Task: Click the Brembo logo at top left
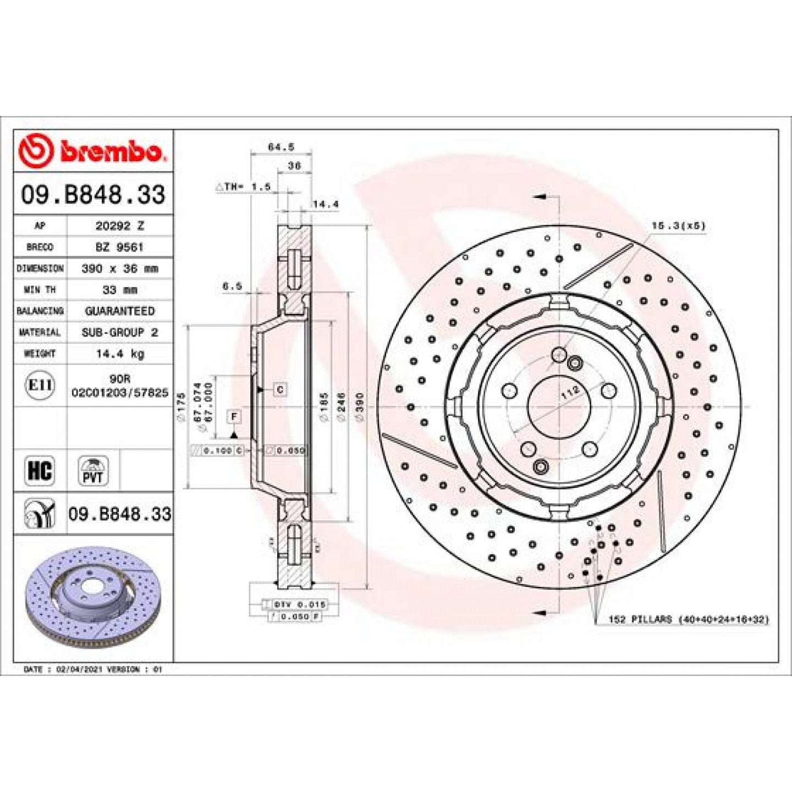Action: (91, 150)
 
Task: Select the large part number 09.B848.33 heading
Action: (93, 195)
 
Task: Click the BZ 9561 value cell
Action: (119, 247)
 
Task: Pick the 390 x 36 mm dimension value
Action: (119, 268)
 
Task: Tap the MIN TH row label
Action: (40, 290)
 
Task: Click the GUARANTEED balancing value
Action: (119, 311)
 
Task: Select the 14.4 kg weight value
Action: (119, 354)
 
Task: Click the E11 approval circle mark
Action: (40, 385)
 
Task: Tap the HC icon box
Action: (40, 471)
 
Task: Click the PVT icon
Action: (93, 471)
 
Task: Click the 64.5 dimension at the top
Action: (281, 147)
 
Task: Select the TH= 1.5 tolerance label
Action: (243, 187)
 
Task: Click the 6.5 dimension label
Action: (232, 286)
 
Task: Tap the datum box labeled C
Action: (280, 389)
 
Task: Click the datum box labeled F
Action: (234, 416)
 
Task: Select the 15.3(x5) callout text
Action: (678, 226)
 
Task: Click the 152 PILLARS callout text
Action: (688, 619)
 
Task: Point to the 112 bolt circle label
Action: (570, 392)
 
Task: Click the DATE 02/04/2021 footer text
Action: (93, 669)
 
